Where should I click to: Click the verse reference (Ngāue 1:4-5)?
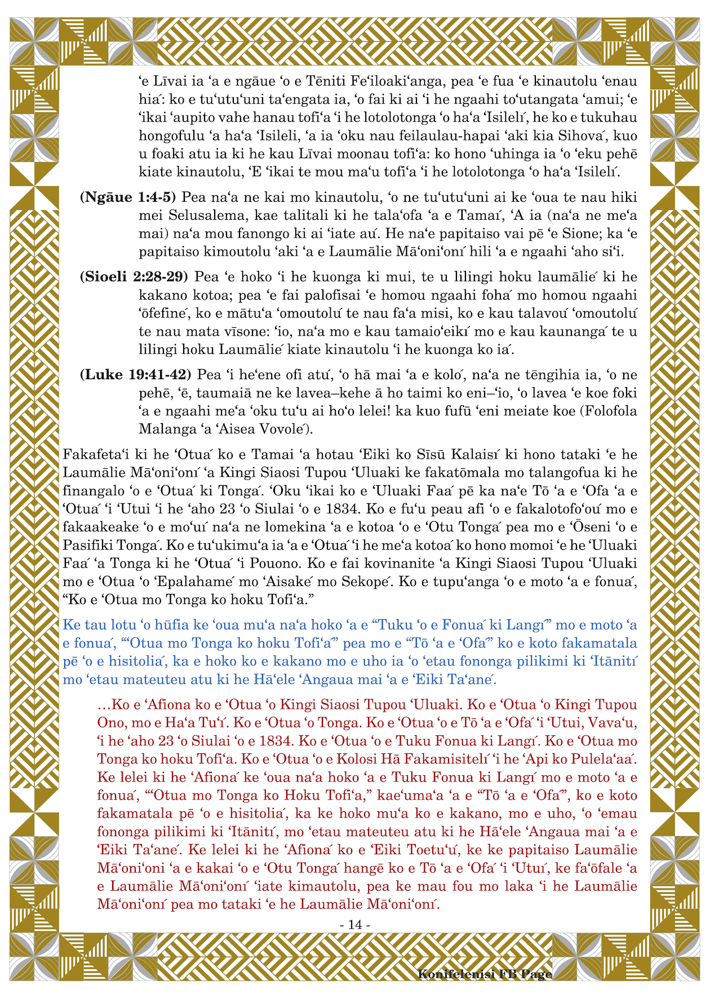click(x=128, y=197)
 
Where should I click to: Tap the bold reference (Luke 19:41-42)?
click(x=135, y=375)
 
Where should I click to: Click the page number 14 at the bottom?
click(x=355, y=925)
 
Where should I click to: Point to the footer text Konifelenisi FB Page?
click(x=485, y=974)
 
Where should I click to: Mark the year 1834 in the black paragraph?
click(x=341, y=509)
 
